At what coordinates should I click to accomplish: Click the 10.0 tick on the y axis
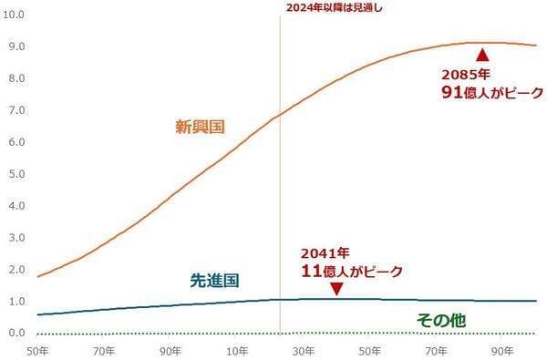[14, 15]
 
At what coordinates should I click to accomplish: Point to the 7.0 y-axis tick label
[16, 110]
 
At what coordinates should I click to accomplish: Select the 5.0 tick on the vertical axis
[16, 174]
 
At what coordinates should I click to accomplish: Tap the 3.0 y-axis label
[16, 238]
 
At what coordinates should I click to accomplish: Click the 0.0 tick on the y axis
[16, 333]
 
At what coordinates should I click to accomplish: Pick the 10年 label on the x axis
[237, 351]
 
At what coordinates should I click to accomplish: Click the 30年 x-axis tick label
[304, 351]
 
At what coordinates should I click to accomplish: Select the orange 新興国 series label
[200, 127]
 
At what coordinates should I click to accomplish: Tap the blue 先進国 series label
[214, 281]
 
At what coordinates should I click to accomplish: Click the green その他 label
[441, 320]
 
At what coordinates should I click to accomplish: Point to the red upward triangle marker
[483, 55]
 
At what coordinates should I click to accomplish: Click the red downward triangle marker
[336, 289]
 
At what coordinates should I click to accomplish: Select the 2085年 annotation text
[466, 75]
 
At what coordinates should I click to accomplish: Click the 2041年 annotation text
[325, 253]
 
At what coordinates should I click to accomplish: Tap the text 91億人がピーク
[492, 92]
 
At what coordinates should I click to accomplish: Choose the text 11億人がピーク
[352, 272]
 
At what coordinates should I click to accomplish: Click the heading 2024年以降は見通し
[335, 8]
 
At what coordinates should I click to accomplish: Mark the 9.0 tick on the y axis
[16, 46]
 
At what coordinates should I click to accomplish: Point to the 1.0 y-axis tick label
[16, 301]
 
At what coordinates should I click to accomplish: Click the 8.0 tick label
[16, 78]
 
